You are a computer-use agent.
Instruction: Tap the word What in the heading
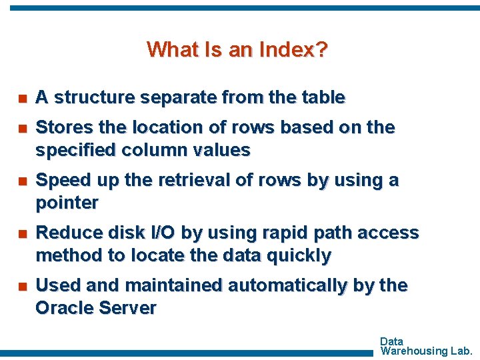click(168, 49)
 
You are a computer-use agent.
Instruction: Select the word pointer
click(67, 203)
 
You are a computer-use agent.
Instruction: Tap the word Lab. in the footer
click(462, 351)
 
